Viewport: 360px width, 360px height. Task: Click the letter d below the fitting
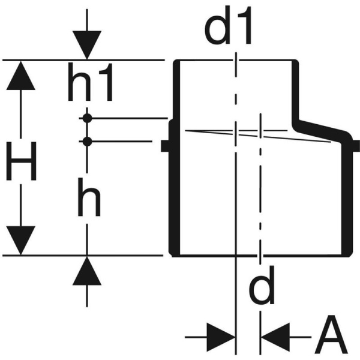coord(262,286)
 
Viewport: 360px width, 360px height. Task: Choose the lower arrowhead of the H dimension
coord(22,240)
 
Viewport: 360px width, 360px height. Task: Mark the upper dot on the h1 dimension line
coord(88,118)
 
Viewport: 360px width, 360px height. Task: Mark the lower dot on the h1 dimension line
coord(88,142)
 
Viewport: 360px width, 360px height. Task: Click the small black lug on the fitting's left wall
coord(164,145)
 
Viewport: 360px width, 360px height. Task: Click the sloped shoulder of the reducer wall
coord(321,128)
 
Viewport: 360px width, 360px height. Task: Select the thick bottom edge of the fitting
coord(258,254)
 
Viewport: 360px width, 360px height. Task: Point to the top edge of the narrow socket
coord(234,61)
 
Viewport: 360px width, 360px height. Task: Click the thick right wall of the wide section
coord(346,198)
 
